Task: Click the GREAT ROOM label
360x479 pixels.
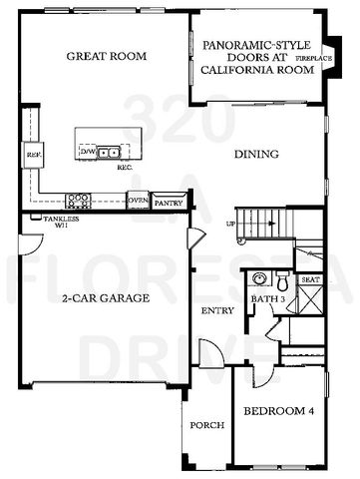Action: pyautogui.click(x=102, y=56)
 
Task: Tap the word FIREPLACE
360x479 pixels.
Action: pyautogui.click(x=327, y=59)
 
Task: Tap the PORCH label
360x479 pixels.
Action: pyautogui.click(x=207, y=425)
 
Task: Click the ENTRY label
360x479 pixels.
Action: pyautogui.click(x=217, y=310)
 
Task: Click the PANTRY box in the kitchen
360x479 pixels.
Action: pyautogui.click(x=169, y=201)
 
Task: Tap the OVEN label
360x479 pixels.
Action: pyautogui.click(x=138, y=201)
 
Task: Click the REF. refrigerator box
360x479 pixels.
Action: pyautogui.click(x=32, y=157)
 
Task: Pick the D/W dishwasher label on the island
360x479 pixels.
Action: pyautogui.click(x=87, y=151)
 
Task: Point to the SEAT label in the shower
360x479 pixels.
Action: pyautogui.click(x=310, y=280)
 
